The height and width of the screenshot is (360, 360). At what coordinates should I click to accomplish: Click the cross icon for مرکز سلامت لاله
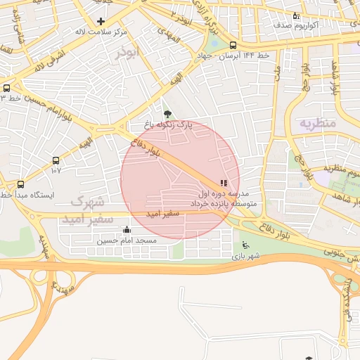pos(101,21)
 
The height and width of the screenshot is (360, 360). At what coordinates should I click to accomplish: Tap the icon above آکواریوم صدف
pos(295,15)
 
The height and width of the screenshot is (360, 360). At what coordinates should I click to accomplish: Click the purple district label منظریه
pos(319,122)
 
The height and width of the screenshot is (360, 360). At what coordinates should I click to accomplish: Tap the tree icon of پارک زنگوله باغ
pos(167,114)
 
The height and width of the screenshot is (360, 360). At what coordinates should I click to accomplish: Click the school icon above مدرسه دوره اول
pos(224,183)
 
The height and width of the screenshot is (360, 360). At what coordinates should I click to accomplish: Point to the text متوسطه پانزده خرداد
pos(224,203)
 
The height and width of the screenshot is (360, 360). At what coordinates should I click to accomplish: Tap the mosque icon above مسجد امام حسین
pos(127,230)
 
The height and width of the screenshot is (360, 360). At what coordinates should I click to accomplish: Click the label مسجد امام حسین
pos(127,240)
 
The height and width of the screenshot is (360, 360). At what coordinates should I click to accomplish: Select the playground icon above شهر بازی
pos(245,245)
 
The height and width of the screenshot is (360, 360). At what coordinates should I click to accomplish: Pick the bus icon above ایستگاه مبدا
pos(20,184)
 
